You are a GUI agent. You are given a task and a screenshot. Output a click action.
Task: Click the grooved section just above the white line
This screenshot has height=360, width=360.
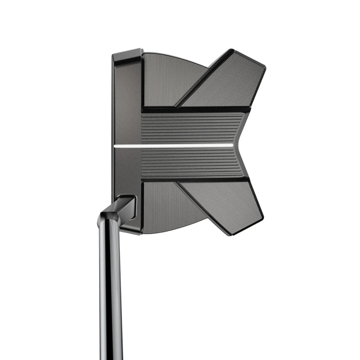pyautogui.click(x=190, y=129)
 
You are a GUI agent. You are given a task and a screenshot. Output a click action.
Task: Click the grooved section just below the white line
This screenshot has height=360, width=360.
pyautogui.click(x=190, y=162)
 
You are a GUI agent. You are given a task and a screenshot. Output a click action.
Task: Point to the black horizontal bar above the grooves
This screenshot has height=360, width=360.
pyautogui.click(x=195, y=110)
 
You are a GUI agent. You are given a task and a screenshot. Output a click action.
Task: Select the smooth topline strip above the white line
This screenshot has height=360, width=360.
pyautogui.click(x=126, y=103)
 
